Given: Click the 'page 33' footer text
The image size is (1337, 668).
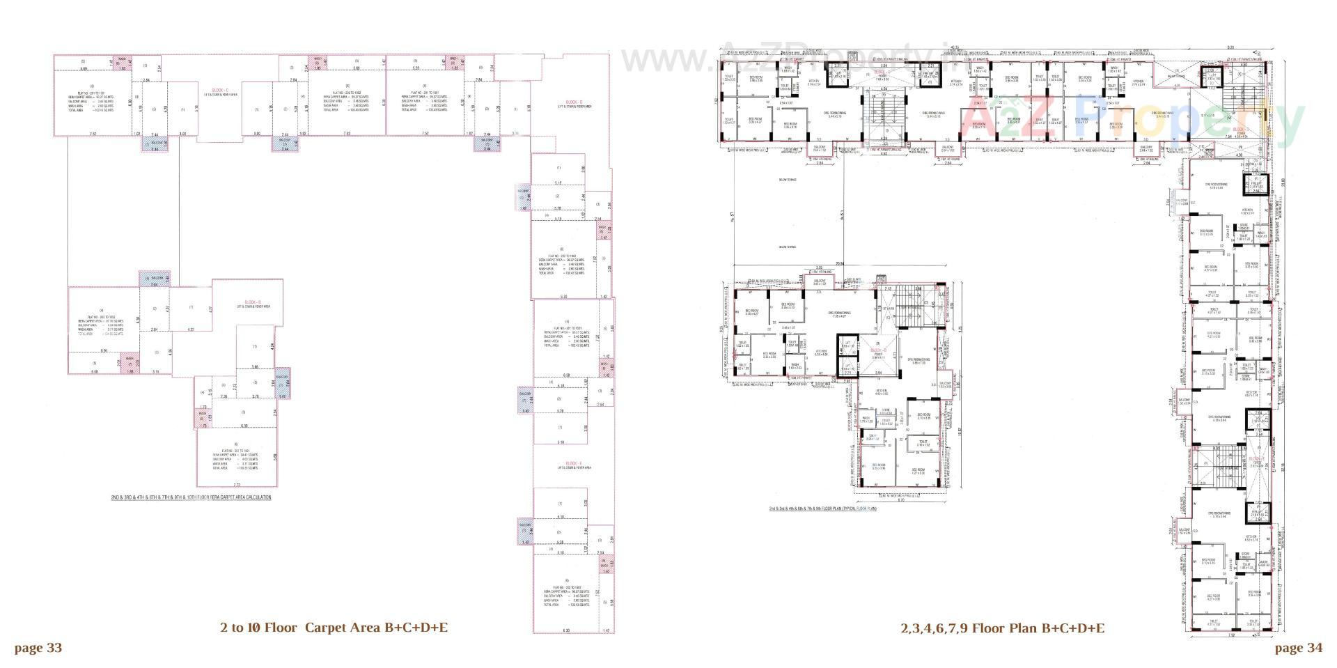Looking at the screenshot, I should [38, 648].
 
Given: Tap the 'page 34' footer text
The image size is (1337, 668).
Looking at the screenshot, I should [1298, 648].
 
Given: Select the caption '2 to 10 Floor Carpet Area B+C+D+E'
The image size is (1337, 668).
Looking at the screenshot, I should [334, 628].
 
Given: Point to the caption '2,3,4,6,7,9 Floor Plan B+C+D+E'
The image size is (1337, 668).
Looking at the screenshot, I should [1002, 628].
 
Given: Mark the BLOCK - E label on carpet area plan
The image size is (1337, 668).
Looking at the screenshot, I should [574, 463].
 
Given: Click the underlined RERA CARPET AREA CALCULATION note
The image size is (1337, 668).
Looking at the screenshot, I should [191, 497].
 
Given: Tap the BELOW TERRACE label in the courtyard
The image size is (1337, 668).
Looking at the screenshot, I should [788, 180].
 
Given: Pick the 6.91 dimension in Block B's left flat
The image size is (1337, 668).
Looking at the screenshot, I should [104, 350].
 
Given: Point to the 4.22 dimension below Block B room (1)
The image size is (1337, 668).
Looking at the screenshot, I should [191, 329].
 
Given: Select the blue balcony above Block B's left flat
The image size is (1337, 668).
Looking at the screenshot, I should [155, 279].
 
